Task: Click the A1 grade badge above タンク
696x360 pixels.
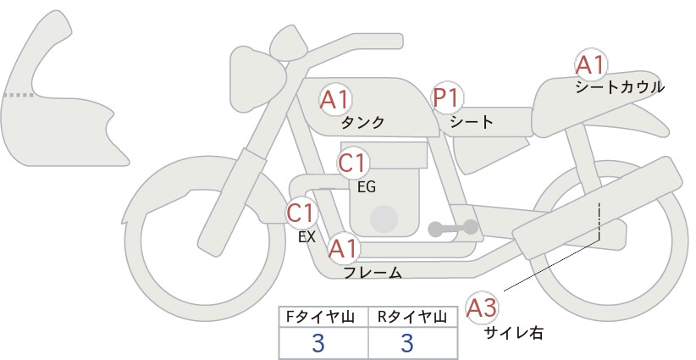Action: coord(335,100)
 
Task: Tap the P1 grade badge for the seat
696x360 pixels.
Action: coord(447,97)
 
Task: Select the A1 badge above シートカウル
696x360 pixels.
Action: coord(591,64)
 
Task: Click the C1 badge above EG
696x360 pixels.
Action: coord(353,163)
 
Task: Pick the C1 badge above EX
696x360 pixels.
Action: coord(301,213)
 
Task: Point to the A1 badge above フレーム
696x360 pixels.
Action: coord(344,248)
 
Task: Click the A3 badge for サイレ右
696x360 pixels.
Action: coord(482,308)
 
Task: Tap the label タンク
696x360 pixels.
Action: coord(362,123)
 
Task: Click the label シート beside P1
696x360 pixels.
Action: coord(472,122)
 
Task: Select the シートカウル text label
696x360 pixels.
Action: coord(620,87)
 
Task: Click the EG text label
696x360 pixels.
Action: coord(367,187)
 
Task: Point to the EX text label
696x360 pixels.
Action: coord(307,237)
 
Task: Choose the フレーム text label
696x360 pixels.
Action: coord(373,273)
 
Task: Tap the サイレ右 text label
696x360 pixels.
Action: coord(514,333)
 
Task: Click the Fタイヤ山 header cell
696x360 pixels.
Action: coord(323,317)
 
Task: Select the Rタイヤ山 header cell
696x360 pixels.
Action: coord(413,317)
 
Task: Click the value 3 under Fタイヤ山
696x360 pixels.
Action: coord(318,343)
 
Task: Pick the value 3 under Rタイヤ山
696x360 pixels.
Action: coord(407,343)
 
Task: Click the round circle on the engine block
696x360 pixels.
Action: coord(384,219)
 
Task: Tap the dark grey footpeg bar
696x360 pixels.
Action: coord(453,228)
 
